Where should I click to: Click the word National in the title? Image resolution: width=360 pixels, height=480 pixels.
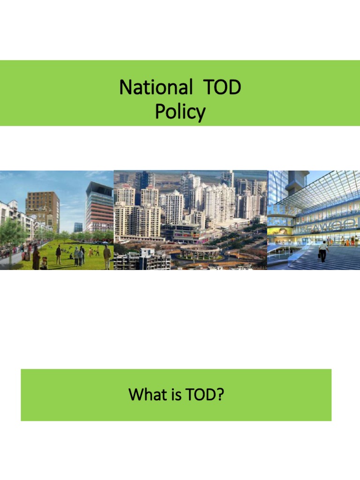point(156,87)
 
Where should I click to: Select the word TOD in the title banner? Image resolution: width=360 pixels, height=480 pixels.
point(221,87)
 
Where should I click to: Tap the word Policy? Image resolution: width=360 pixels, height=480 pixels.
point(180,112)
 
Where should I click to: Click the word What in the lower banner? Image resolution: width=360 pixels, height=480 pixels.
point(148,395)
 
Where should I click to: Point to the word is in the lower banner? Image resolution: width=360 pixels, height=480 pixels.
point(176,395)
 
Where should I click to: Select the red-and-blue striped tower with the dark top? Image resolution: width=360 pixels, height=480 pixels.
point(99,206)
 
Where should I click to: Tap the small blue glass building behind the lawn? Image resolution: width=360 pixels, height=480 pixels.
point(78,227)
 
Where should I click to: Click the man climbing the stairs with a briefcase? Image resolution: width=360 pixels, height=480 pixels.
point(323,251)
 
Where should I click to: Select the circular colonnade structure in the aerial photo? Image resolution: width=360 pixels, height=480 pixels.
point(200,253)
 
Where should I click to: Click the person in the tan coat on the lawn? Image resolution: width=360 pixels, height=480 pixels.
point(107,256)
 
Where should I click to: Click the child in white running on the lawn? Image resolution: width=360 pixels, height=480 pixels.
point(91,252)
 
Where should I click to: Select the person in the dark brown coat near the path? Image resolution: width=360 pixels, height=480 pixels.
point(36,258)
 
